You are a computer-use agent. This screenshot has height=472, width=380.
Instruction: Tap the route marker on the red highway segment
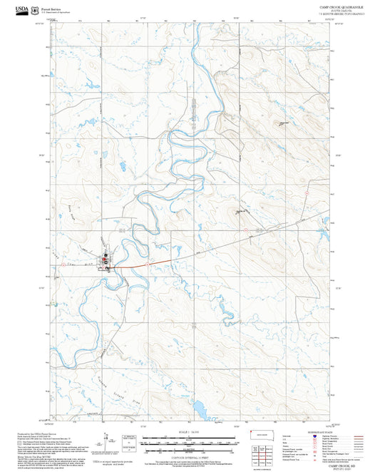tap(147, 265)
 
